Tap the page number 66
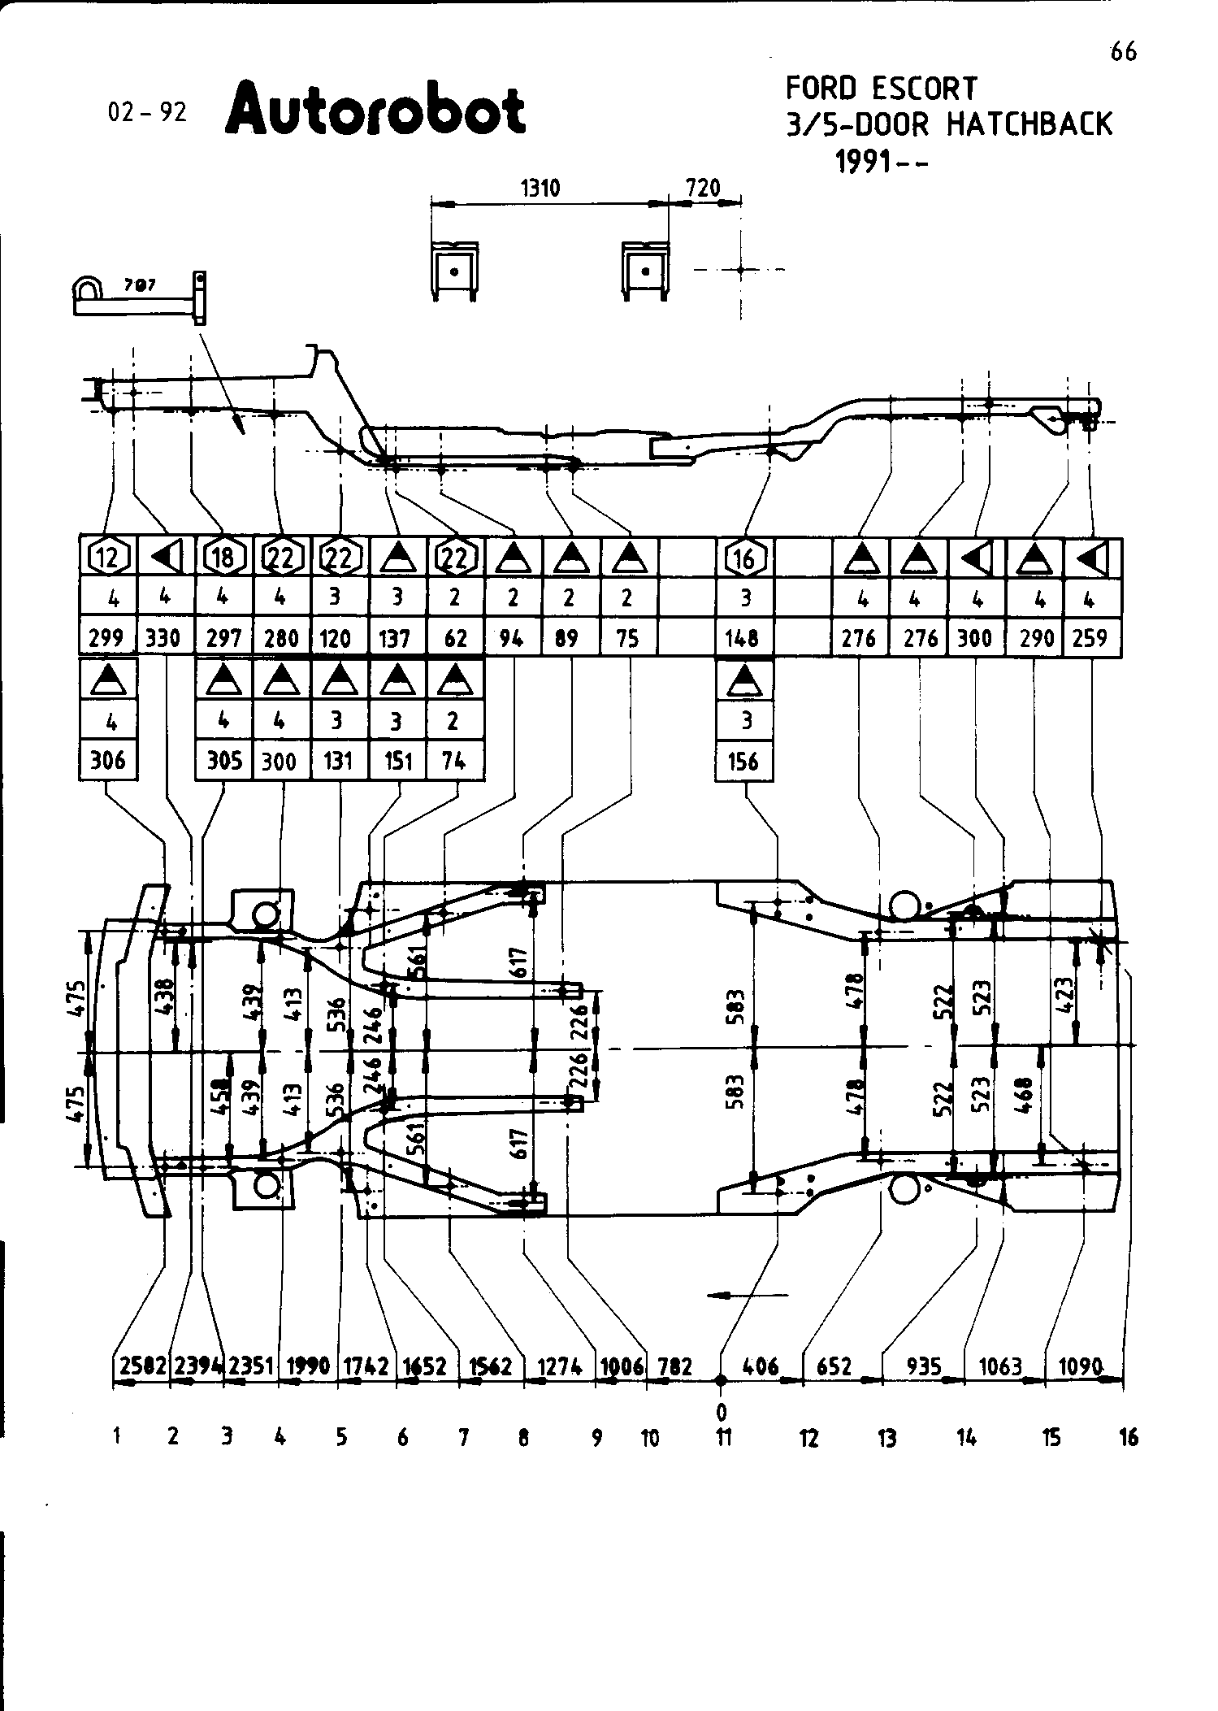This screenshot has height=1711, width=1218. [1123, 52]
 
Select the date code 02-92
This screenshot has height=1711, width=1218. [147, 112]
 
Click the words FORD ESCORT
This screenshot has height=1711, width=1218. [881, 88]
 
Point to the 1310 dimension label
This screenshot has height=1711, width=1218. [540, 189]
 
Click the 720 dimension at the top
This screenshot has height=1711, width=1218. [703, 189]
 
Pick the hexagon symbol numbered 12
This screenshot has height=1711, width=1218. [108, 558]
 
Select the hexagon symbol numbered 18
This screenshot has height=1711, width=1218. [224, 558]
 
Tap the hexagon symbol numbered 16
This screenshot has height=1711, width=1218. [744, 558]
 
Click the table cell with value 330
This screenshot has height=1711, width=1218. [163, 638]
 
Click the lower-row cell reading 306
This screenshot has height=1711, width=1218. [108, 761]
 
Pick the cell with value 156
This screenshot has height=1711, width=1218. [743, 761]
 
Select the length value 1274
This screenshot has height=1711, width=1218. [560, 1366]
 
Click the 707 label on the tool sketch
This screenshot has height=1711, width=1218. [141, 285]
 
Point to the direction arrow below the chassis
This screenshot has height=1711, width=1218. [748, 1295]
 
